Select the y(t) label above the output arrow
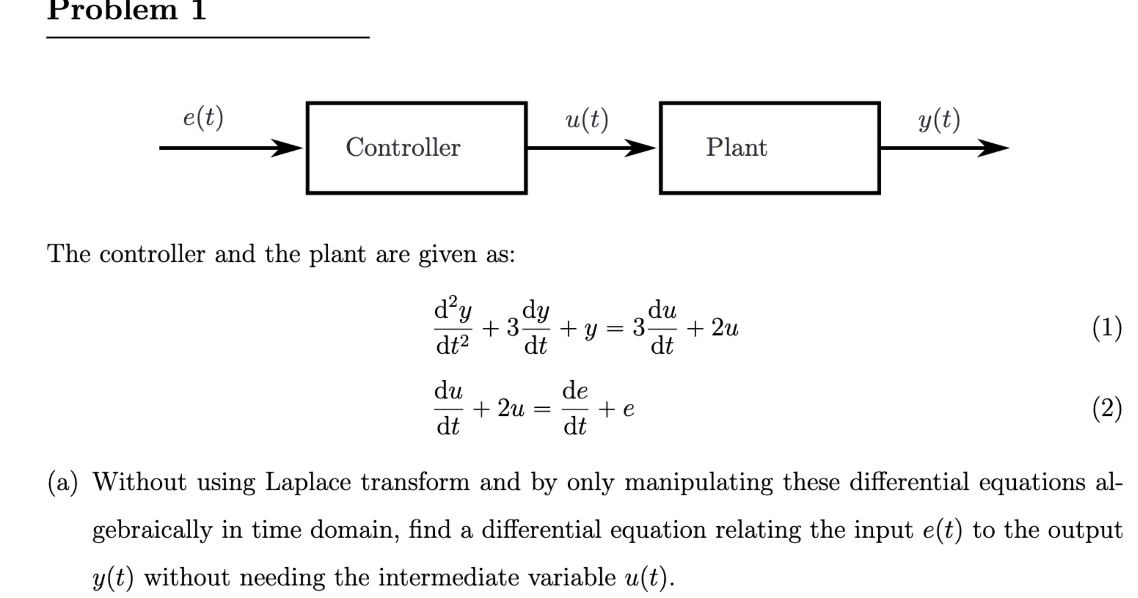click(939, 120)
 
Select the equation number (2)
click(1107, 409)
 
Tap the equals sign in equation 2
click(542, 409)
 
